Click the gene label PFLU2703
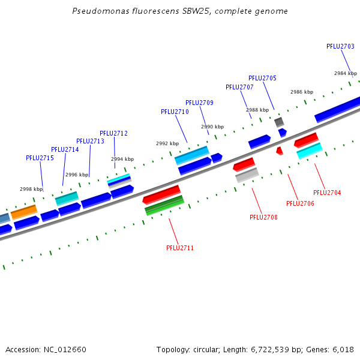click(x=340, y=46)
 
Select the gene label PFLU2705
click(x=262, y=78)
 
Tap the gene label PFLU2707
click(x=239, y=87)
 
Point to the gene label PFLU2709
click(x=199, y=103)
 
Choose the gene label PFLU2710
click(x=175, y=112)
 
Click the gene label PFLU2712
click(x=113, y=133)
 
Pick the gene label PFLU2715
click(x=40, y=158)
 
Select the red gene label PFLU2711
click(x=180, y=248)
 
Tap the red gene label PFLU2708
click(x=263, y=217)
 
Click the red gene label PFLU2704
click(x=327, y=193)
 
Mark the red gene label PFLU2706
click(x=300, y=203)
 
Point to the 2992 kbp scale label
click(x=167, y=143)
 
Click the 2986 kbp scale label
click(x=302, y=92)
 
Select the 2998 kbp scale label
click(x=31, y=189)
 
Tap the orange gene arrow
click(x=24, y=212)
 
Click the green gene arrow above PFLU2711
click(x=164, y=206)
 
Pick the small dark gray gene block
click(x=279, y=122)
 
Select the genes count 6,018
click(x=343, y=349)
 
